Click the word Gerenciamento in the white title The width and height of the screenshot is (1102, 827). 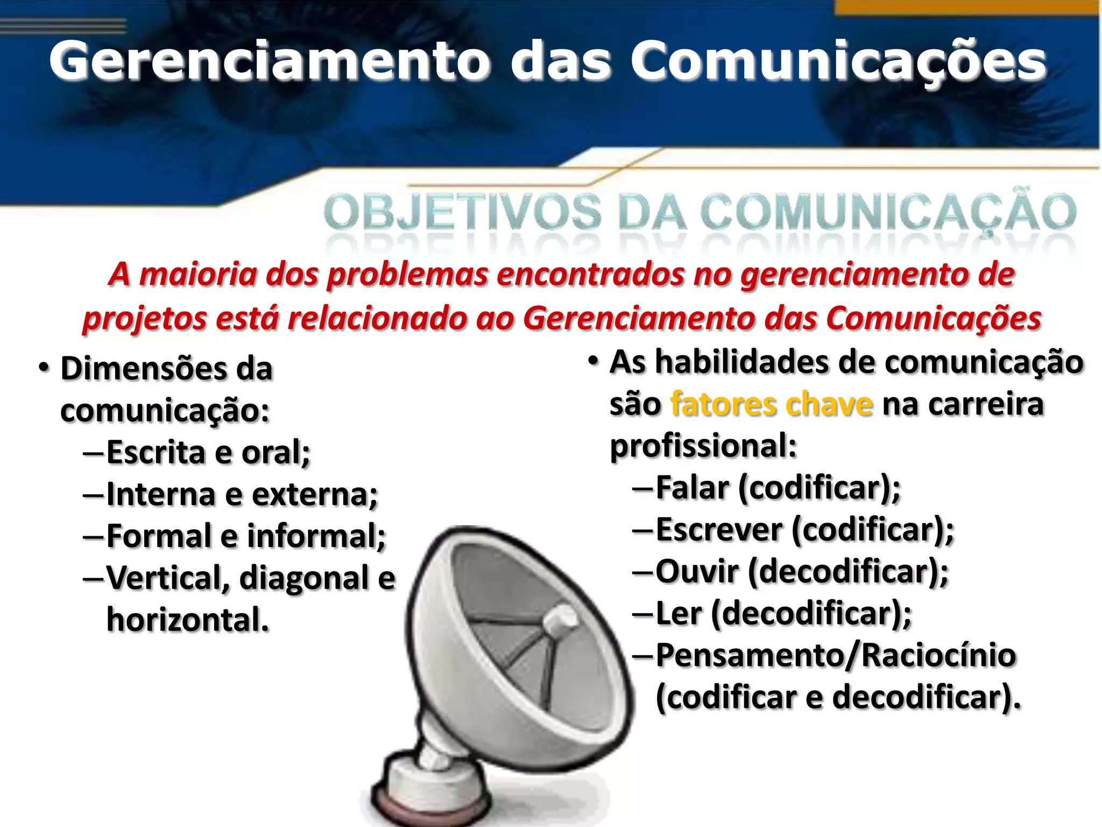[x=269, y=62]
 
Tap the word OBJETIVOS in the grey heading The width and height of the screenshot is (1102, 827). [x=463, y=213]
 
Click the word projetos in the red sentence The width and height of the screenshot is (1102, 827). [x=144, y=319]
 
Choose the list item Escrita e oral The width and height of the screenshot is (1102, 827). [x=208, y=452]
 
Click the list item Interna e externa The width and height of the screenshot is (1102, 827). [x=242, y=494]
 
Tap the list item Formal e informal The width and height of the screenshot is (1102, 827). [x=246, y=536]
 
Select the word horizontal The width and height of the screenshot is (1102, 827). [x=187, y=620]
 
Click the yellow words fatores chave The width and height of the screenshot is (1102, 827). [x=771, y=404]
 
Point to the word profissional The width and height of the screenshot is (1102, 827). [x=703, y=446]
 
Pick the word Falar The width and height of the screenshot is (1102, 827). [x=692, y=488]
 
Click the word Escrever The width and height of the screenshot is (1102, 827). [x=719, y=530]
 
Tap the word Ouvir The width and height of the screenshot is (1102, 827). [x=697, y=572]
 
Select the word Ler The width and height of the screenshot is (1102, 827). [x=679, y=614]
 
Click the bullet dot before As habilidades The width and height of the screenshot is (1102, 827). [x=593, y=362]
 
